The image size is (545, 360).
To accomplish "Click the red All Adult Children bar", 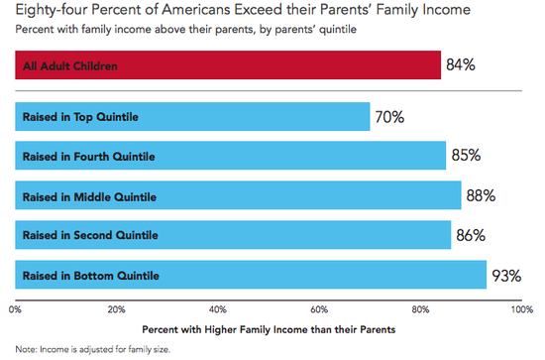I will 228,66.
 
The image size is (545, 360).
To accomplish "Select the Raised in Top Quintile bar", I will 192,118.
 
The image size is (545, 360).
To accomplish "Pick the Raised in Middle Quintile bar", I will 238,195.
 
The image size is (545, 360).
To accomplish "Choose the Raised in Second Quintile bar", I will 234,235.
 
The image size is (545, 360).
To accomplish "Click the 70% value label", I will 389,118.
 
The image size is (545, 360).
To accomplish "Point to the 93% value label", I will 506,275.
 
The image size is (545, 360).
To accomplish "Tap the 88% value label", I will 481,196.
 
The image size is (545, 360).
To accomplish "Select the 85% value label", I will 466,157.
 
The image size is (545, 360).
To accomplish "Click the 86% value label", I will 471,235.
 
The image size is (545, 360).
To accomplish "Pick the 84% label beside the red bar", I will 461,66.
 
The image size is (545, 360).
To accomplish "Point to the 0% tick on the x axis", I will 16,308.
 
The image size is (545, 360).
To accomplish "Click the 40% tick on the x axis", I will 218,308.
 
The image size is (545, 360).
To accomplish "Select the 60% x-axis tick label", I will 319,308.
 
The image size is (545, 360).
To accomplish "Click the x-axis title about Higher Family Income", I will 268,327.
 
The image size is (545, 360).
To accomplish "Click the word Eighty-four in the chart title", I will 45,11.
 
